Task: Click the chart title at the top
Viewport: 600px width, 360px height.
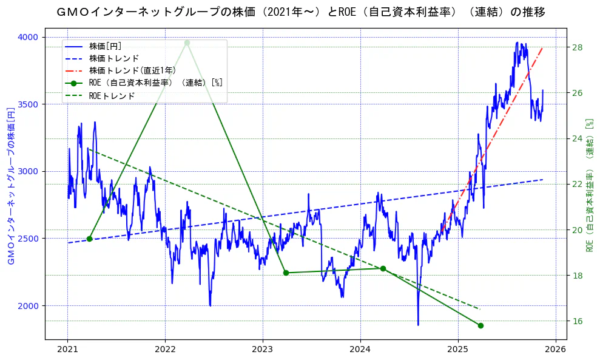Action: click(300, 12)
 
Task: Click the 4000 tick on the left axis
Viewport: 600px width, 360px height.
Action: click(28, 37)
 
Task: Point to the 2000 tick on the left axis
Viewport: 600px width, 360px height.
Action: click(28, 306)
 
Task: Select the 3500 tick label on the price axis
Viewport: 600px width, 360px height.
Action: click(28, 104)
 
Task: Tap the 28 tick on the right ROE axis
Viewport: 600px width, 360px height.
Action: click(577, 47)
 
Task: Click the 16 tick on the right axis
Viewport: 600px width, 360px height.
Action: click(577, 321)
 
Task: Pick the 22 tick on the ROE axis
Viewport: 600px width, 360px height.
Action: click(577, 184)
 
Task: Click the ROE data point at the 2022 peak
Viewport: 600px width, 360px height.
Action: click(187, 42)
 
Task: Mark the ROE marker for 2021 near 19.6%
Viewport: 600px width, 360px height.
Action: click(89, 239)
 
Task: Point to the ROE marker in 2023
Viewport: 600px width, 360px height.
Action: click(286, 273)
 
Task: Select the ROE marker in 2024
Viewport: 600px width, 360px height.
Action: click(383, 268)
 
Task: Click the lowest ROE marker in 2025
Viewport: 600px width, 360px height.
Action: click(480, 325)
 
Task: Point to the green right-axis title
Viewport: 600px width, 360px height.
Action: click(588, 185)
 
